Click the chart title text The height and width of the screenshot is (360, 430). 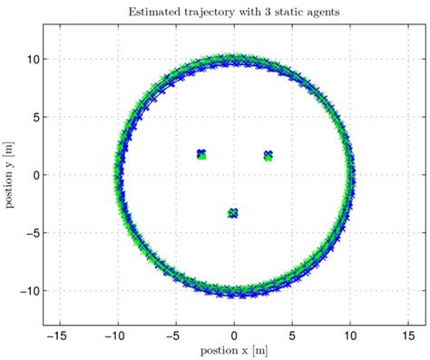234,12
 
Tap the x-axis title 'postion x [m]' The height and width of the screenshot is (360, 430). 234,349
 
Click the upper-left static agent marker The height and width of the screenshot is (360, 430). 201,154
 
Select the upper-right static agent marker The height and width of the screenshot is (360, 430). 269,155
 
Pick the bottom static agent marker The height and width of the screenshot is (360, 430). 233,213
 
